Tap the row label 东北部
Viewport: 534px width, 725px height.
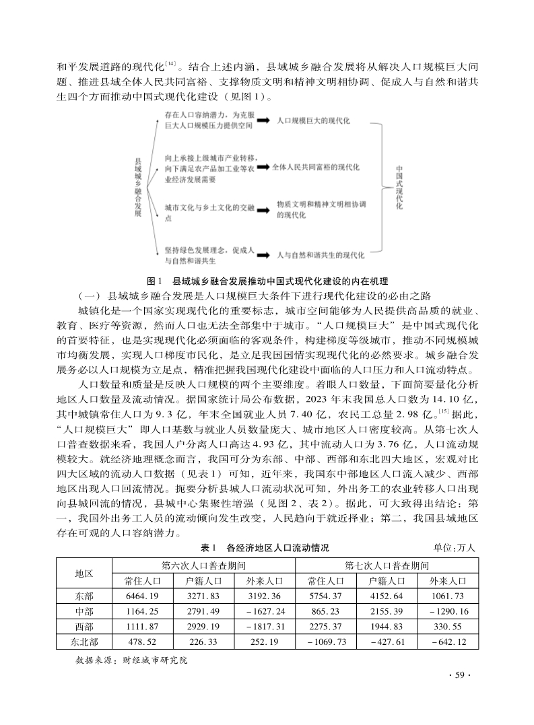pyautogui.click(x=84, y=642)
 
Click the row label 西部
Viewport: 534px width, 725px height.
pyautogui.click(x=84, y=627)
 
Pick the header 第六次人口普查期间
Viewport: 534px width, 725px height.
pyautogui.click(x=203, y=565)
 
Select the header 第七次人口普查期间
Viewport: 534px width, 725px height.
pyautogui.click(x=387, y=565)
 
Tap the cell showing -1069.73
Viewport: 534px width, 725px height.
pyautogui.click(x=326, y=642)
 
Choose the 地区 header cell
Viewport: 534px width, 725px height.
pyautogui.click(x=84, y=573)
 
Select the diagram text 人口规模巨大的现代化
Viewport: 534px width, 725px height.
pyautogui.click(x=314, y=121)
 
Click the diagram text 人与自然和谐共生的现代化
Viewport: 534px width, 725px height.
pyautogui.click(x=321, y=256)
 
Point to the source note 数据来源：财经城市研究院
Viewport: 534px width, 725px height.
pyautogui.click(x=132, y=660)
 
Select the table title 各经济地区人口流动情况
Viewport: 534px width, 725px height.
pyautogui.click(x=277, y=548)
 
